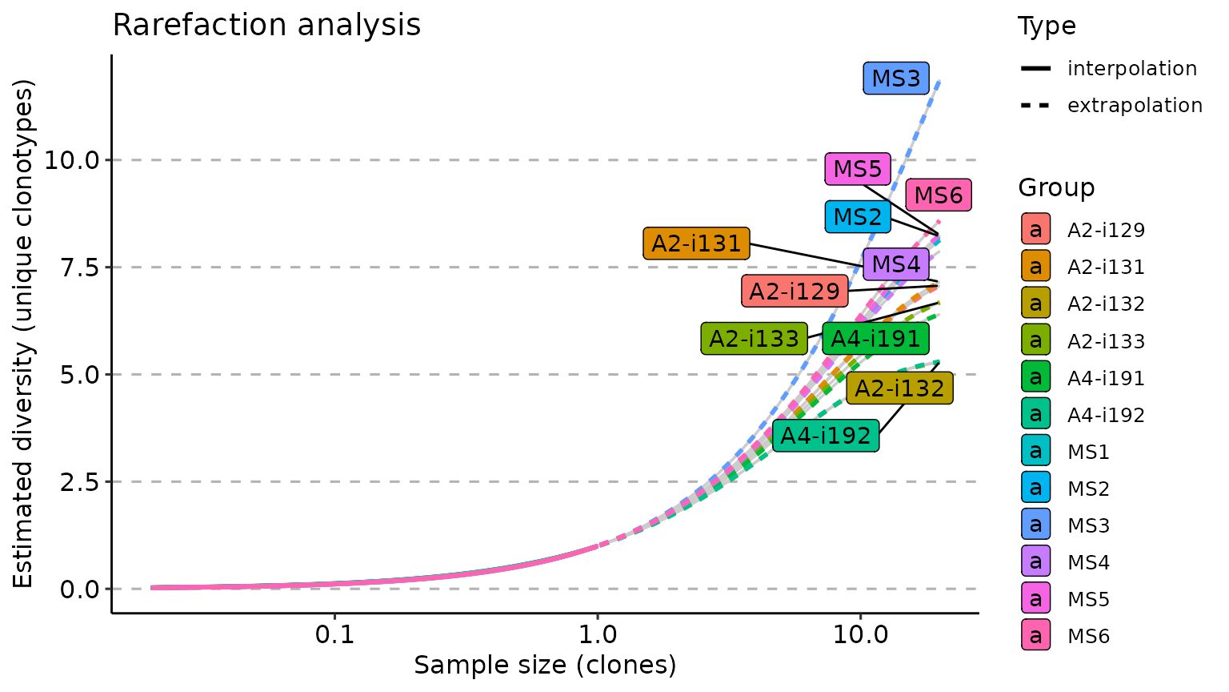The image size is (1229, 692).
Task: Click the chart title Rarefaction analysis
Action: (266, 26)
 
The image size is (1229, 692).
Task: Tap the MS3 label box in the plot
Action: (895, 78)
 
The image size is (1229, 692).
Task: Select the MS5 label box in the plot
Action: (858, 169)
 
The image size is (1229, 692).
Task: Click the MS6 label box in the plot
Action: (939, 195)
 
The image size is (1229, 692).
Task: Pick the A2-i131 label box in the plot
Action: (696, 243)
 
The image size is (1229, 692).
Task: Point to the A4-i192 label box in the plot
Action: (826, 437)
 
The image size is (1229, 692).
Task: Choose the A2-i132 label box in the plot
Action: (899, 388)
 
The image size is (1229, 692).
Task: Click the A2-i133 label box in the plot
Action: (754, 339)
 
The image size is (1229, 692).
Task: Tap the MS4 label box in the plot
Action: (896, 264)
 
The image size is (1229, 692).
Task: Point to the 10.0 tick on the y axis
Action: (72, 160)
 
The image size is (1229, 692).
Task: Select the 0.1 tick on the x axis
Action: (334, 635)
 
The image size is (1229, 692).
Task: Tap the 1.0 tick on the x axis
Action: (597, 635)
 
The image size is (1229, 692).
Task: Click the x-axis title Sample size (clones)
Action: (545, 666)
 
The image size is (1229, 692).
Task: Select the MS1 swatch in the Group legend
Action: (1035, 452)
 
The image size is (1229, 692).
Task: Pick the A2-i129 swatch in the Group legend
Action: (1035, 230)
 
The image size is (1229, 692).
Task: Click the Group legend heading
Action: (1056, 187)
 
